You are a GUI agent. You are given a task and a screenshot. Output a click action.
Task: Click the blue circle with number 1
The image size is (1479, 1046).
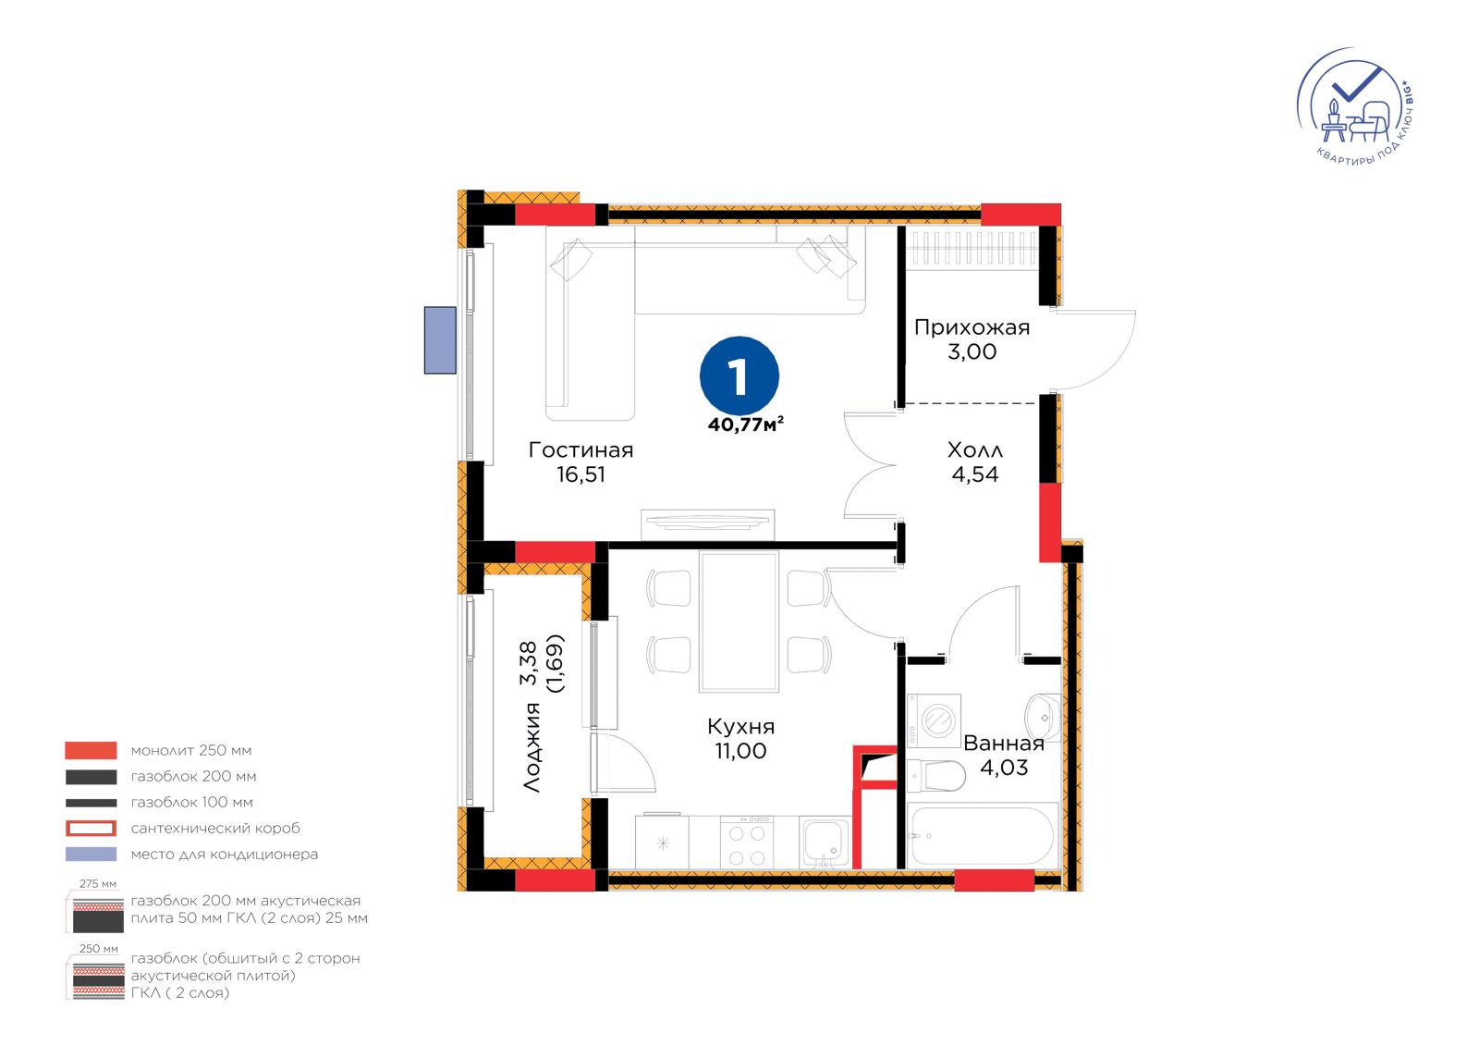click(739, 376)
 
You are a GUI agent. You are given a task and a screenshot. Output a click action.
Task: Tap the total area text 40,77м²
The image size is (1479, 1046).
click(745, 425)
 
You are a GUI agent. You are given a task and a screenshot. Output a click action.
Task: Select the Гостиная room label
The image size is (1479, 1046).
click(581, 450)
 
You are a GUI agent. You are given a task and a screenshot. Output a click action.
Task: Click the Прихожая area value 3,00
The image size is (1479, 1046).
click(972, 351)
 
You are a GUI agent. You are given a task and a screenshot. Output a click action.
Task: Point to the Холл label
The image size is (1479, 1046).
click(974, 450)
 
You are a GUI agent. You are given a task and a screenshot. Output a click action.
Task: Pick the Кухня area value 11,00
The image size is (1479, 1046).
click(740, 751)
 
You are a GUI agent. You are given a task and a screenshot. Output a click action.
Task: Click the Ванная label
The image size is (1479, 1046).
click(1004, 744)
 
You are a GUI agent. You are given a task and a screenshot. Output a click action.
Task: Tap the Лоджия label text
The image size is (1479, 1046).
click(532, 746)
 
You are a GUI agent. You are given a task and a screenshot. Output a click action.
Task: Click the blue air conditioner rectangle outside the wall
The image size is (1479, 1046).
click(440, 339)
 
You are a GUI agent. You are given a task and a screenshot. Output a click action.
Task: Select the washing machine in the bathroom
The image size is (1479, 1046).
click(934, 720)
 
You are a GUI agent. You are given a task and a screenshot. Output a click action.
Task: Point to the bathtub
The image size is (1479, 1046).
click(983, 835)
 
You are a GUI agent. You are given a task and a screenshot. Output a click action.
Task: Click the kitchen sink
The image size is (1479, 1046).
click(825, 843)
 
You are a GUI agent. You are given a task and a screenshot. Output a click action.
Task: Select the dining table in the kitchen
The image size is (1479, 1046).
click(739, 621)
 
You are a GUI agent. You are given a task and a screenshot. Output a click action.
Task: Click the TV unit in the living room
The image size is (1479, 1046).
click(707, 524)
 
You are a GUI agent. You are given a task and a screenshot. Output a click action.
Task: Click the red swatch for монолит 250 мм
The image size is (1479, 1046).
click(91, 750)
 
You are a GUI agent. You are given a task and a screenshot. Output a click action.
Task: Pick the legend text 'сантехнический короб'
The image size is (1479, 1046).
click(215, 828)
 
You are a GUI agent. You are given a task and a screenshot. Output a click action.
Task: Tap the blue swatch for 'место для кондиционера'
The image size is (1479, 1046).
click(91, 854)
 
